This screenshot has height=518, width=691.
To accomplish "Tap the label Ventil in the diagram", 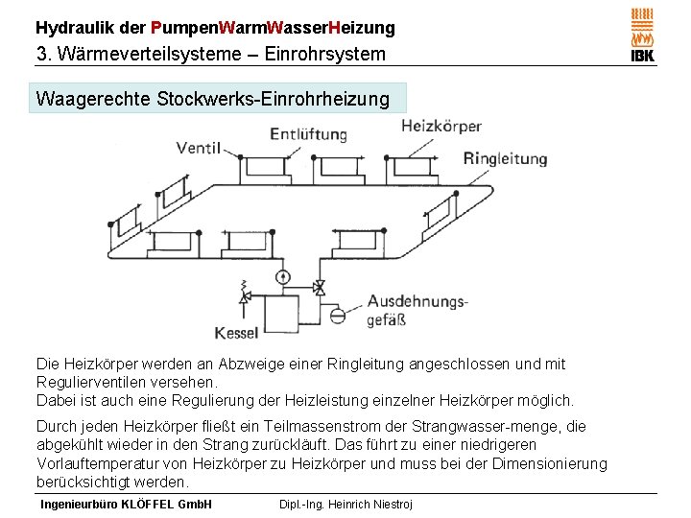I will [x=199, y=148].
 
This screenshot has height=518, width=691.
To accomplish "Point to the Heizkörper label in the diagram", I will [x=441, y=126].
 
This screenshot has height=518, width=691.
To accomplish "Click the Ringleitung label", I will [x=505, y=158].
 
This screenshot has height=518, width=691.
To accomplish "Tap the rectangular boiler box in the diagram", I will [x=283, y=314].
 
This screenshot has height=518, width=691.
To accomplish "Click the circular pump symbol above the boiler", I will [x=283, y=276].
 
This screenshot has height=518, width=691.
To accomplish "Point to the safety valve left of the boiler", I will [x=245, y=296].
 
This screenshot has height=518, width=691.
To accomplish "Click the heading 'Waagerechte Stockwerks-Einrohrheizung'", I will [x=212, y=98].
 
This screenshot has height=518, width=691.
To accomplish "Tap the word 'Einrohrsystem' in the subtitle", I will [x=324, y=54].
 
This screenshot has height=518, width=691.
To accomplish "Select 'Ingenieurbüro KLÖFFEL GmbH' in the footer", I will [x=126, y=505].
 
